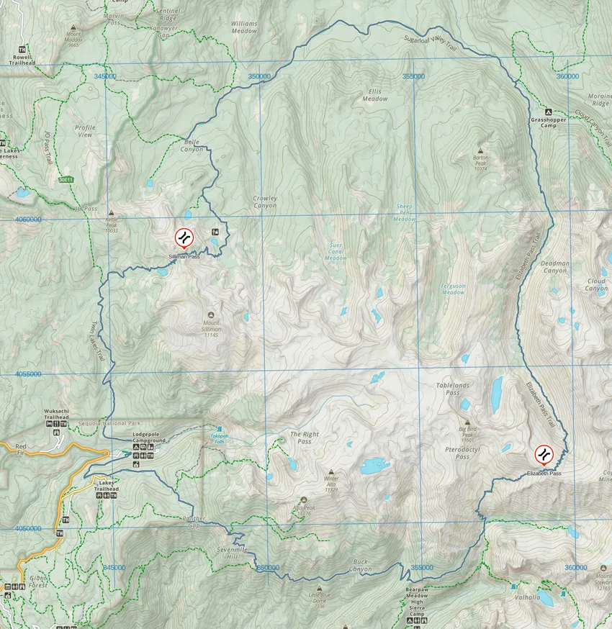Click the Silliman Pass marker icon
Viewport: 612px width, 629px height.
click(x=184, y=237)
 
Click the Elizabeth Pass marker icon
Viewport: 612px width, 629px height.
click(x=544, y=454)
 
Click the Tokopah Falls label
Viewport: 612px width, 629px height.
click(x=219, y=437)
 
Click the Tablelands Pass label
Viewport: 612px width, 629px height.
click(x=452, y=389)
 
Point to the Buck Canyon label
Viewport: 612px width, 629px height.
click(x=361, y=565)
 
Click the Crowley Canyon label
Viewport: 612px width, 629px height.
click(x=265, y=202)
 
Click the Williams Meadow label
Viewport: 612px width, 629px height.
click(x=244, y=27)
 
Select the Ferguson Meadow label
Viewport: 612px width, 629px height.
click(x=453, y=289)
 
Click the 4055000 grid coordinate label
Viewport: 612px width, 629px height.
click(x=27, y=374)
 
